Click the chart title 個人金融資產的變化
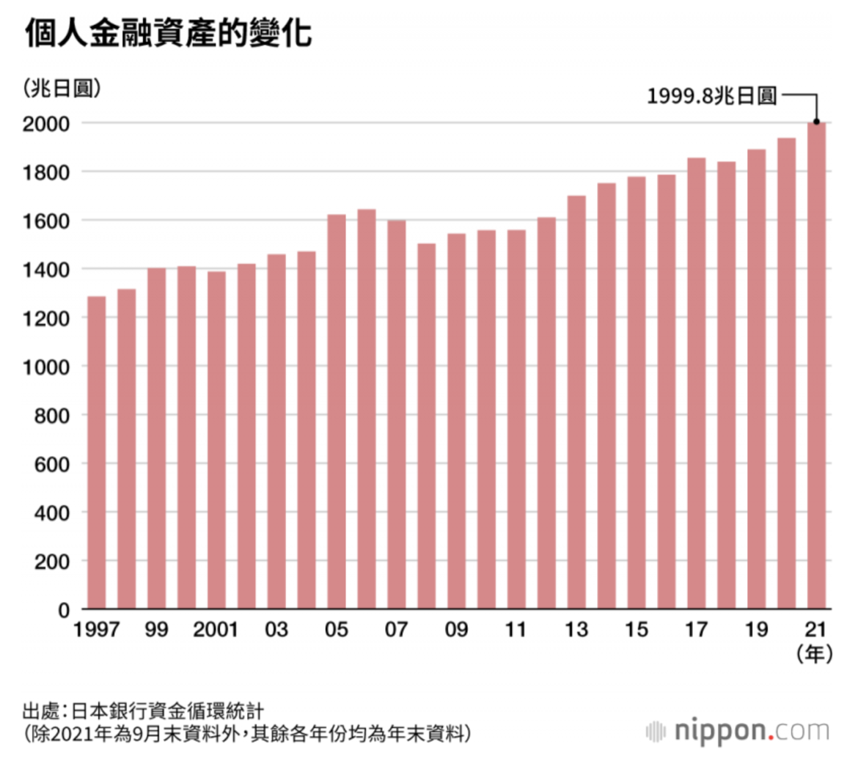169,34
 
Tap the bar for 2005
337,411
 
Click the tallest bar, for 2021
816,367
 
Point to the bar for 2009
456,421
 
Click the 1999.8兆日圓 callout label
711,96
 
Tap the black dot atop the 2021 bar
816,122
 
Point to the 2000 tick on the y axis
46,124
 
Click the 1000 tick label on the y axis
46,367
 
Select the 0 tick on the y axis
64,610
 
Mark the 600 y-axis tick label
52,464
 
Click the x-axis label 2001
216,630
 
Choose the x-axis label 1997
96,630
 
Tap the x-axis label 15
637,630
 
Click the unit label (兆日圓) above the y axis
62,89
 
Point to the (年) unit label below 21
815,654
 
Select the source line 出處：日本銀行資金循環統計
143,711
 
